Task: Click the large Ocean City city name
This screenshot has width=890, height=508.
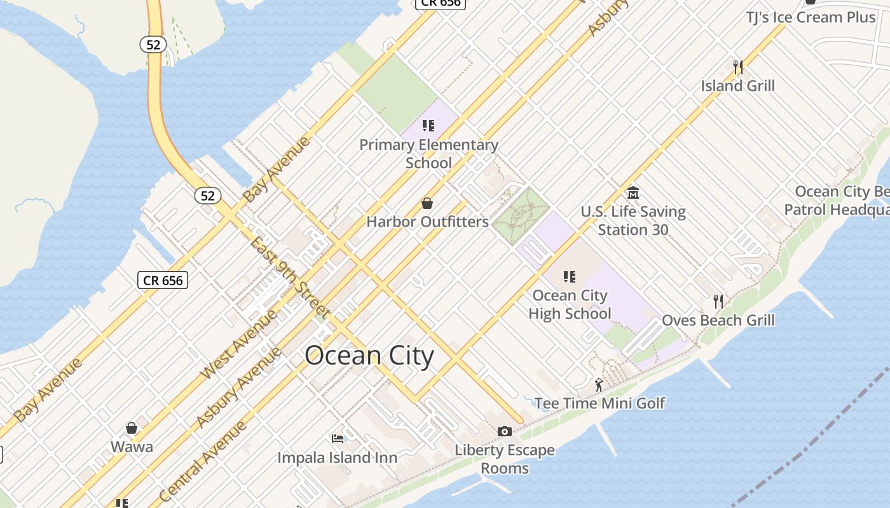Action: point(369,356)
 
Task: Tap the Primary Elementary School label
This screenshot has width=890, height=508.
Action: point(428,154)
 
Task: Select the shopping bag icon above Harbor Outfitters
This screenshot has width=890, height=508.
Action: point(427,203)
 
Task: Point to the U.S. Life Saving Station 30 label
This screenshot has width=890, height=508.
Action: point(633,220)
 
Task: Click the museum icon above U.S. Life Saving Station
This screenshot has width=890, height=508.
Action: point(633,192)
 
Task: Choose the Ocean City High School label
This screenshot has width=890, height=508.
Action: point(570,304)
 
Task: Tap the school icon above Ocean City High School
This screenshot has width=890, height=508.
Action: point(570,277)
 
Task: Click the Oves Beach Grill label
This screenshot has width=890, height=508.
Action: point(718,320)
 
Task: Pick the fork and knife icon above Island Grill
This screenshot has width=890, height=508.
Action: point(738,67)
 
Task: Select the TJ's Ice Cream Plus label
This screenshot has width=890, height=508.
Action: point(811,17)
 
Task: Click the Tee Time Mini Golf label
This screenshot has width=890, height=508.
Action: point(599,403)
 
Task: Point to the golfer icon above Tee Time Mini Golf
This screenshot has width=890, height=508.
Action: point(599,385)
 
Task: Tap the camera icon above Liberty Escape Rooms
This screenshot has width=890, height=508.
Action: point(505,432)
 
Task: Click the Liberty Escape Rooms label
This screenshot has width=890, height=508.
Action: point(505,459)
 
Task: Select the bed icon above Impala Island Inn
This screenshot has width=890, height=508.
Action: point(338,439)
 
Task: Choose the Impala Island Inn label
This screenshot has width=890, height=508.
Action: point(338,457)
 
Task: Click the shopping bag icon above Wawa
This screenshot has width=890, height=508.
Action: point(132,428)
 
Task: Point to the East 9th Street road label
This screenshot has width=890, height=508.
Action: point(289,278)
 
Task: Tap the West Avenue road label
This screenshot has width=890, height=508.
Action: point(238,345)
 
